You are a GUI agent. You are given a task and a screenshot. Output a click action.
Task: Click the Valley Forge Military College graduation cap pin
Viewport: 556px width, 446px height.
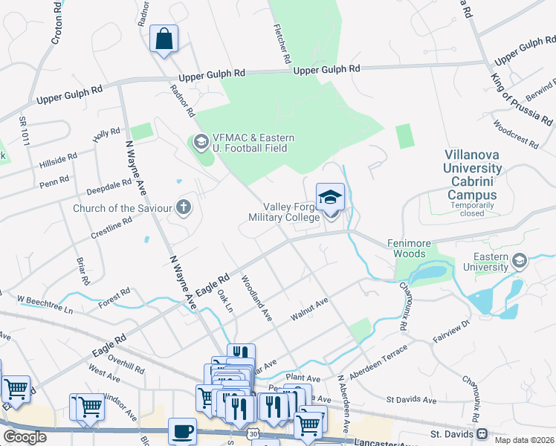point(331,198)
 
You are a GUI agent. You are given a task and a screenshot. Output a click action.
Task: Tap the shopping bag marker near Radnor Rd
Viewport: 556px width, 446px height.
point(164,39)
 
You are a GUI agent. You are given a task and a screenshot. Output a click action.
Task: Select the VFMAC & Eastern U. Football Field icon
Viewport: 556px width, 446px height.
point(200,141)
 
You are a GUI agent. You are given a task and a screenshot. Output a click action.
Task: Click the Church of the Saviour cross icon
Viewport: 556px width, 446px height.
point(183,207)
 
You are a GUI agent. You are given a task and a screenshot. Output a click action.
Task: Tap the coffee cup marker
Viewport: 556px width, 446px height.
point(183,430)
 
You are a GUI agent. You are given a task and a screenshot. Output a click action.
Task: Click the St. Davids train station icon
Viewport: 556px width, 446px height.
point(482,433)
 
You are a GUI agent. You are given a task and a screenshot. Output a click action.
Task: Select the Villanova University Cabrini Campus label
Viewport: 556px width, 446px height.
point(473,178)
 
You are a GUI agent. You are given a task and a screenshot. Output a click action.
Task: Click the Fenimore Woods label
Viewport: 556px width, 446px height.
point(406,248)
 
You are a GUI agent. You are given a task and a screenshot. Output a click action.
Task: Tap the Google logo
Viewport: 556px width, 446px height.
point(25,437)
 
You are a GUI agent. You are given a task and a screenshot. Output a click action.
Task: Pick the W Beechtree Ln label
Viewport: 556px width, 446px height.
point(46,304)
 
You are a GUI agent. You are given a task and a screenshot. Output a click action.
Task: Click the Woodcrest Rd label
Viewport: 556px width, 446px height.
point(514,133)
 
